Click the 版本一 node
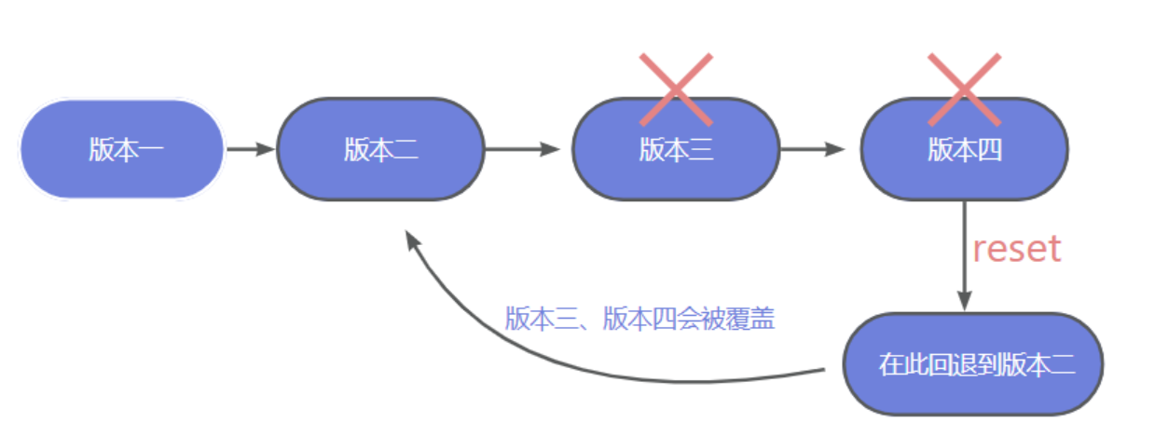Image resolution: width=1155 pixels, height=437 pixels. pyautogui.click(x=122, y=149)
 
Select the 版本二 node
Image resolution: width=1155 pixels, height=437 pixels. pyautogui.click(x=380, y=149)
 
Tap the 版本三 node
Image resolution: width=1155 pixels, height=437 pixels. pyautogui.click(x=675, y=149)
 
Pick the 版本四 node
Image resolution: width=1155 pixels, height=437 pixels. pyautogui.click(x=964, y=149)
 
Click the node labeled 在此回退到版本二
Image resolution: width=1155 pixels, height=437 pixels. pyautogui.click(x=973, y=364)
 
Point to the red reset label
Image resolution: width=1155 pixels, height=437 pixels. pyautogui.click(x=1016, y=249)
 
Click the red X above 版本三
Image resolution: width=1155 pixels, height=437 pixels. pyautogui.click(x=676, y=89)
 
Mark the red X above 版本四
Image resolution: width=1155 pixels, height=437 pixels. pyautogui.click(x=964, y=89)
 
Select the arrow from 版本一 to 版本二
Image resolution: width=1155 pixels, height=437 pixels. pyautogui.click(x=251, y=149)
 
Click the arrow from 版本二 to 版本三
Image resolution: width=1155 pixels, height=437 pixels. pyautogui.click(x=522, y=149)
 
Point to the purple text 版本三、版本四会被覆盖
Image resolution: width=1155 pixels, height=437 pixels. pyautogui.click(x=639, y=320)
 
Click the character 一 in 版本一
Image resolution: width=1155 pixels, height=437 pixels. pyautogui.click(x=152, y=150)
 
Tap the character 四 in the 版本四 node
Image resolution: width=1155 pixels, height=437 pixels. pyautogui.click(x=990, y=150)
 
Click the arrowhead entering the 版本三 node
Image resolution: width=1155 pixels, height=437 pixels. pyautogui.click(x=552, y=149)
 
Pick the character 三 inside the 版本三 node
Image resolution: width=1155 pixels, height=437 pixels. pyautogui.click(x=701, y=150)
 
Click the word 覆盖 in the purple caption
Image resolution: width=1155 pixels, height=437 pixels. pyautogui.click(x=752, y=320)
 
